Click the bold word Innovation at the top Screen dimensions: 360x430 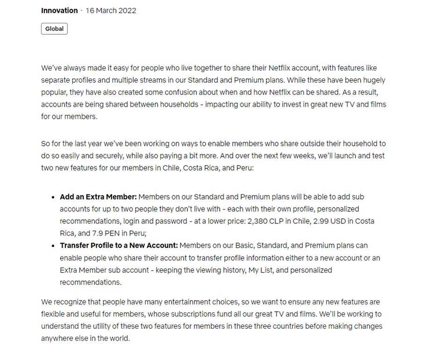point(59,10)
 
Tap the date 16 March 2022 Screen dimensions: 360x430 point(111,10)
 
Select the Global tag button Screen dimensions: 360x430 point(54,29)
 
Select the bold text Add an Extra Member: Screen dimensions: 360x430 point(98,197)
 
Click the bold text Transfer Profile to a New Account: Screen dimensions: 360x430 point(119,245)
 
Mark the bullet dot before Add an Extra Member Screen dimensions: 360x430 point(53,197)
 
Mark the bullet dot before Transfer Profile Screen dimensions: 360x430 point(53,246)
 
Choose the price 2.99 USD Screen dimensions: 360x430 point(324,221)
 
